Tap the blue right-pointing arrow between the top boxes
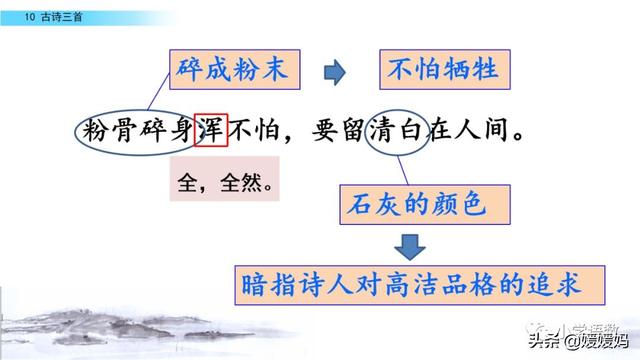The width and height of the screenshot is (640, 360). (x=334, y=71)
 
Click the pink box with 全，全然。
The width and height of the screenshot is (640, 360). (x=222, y=183)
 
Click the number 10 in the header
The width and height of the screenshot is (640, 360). (x=16, y=9)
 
